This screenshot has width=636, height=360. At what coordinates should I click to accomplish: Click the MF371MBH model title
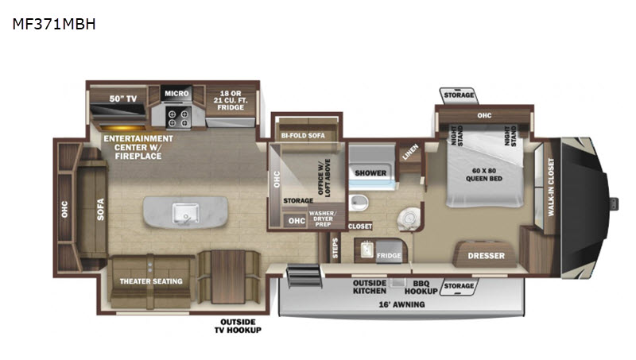[x=54, y=25]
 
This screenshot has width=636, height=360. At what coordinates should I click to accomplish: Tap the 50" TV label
[x=123, y=99]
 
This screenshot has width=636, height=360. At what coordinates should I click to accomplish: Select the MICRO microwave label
[x=176, y=93]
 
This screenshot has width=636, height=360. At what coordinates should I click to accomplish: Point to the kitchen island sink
[x=186, y=213]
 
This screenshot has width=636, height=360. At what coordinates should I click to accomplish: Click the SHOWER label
[x=370, y=173]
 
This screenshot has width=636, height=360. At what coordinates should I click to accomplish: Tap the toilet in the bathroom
[x=408, y=219]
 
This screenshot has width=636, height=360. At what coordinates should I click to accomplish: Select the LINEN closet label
[x=410, y=152]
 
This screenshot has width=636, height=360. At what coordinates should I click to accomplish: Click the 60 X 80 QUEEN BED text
[x=484, y=175]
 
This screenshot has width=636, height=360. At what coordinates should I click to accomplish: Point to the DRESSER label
[x=486, y=256]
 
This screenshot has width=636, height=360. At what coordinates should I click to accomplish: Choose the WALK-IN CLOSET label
[x=551, y=187]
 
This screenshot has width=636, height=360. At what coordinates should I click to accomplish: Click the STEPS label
[x=335, y=248]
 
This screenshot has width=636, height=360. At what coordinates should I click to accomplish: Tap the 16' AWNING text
[x=401, y=304]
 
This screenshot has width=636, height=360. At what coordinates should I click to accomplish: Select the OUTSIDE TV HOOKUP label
[x=238, y=326]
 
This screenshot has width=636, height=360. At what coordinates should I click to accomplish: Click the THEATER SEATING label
[x=151, y=281]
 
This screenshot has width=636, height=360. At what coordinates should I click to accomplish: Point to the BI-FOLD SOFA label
[x=303, y=135]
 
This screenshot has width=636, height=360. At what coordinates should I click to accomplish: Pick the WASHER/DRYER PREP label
[x=323, y=219]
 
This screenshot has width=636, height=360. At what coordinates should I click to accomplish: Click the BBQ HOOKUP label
[x=421, y=288]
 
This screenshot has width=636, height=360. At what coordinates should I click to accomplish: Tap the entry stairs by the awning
[x=304, y=276]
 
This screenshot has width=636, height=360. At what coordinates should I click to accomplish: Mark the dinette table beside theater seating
[x=228, y=277]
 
